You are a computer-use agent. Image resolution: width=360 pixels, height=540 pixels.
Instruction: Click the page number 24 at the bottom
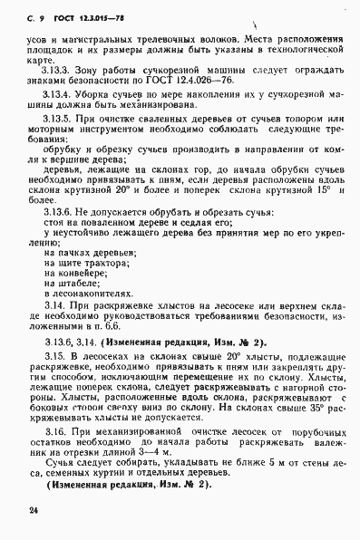(x=22, y=511)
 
